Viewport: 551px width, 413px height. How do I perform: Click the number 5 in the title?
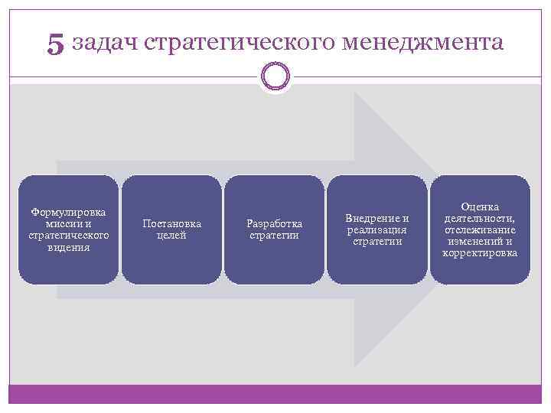55,44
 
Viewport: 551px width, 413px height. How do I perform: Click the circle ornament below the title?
275,76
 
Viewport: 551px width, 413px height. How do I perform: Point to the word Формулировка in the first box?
69,211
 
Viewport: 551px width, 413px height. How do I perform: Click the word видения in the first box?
69,247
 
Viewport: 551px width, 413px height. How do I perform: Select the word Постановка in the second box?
172,223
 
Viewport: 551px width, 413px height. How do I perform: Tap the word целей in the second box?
172,236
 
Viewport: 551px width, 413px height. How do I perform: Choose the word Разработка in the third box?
274,223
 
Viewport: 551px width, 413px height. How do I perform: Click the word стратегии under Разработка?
274,236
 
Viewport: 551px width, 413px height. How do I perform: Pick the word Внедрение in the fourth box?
377,218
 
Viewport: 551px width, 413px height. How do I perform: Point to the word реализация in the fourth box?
377,229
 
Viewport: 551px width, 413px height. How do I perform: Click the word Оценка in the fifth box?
480,206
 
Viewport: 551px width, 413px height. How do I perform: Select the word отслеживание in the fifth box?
480,229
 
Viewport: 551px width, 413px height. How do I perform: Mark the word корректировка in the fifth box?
480,253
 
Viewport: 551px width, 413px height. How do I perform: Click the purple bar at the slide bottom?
275,394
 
